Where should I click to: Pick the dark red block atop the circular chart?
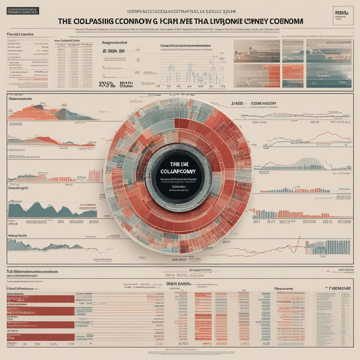coord(182,123)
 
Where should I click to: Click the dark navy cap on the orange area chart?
coord(39,107)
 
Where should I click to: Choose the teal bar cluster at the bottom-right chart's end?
coord(327,247)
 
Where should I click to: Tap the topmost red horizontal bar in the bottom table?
coord(40,299)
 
